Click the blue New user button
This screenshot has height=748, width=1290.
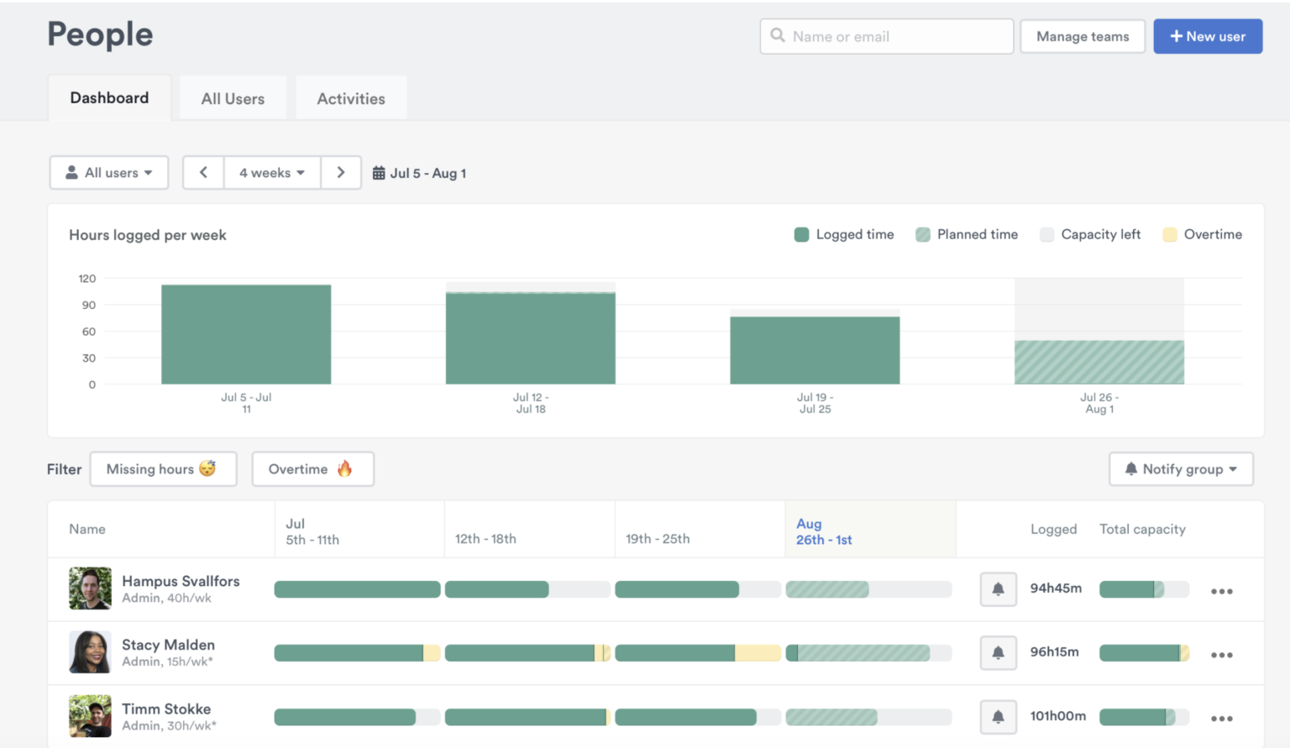coord(1207,37)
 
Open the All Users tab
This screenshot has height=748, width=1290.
coord(233,99)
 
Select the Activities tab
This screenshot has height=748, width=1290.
coord(351,99)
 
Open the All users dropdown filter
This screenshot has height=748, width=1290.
coord(109,173)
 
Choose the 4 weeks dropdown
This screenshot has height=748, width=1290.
coord(272,173)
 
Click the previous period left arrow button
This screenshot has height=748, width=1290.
coord(203,173)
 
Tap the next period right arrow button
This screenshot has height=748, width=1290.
coord(341,173)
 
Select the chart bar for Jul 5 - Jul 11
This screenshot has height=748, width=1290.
coord(246,335)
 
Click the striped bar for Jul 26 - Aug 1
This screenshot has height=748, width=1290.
coord(1099,363)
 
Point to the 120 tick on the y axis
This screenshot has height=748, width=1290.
coord(87,279)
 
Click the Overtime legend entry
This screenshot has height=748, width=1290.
coord(1202,235)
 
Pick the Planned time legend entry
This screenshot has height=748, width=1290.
coord(967,235)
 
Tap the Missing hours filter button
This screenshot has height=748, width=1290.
coord(163,469)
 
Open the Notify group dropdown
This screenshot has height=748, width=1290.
coord(1181,469)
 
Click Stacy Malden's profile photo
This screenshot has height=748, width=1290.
coord(90,652)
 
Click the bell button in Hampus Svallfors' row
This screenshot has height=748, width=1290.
coord(998,589)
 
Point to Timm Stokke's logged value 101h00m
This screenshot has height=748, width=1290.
coord(1057,716)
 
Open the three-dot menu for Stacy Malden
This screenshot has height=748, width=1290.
coord(1221,655)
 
